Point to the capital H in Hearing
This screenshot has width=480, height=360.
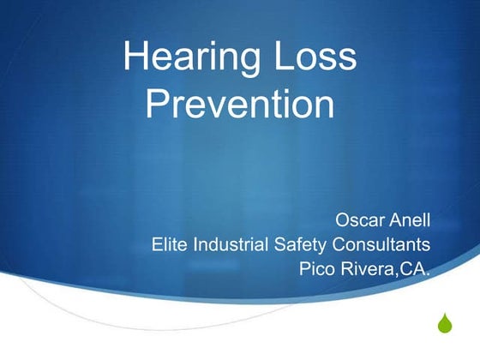(135, 58)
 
